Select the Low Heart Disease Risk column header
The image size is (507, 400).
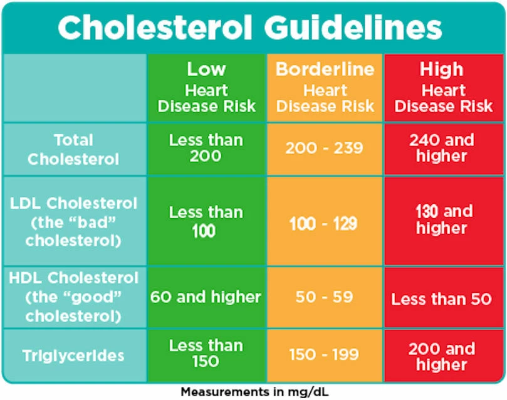(206, 88)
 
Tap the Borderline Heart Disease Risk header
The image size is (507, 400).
(325, 88)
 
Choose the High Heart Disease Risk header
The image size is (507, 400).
(443, 88)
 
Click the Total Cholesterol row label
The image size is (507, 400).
(73, 149)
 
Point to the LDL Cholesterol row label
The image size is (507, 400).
(73, 222)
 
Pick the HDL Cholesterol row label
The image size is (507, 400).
(73, 297)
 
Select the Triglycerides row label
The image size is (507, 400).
(73, 355)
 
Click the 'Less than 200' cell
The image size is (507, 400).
(206, 148)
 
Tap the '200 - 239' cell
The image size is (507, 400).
(325, 149)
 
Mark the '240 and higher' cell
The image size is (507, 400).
(443, 148)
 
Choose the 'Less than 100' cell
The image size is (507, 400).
(206, 221)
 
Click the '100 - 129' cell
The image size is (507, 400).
(325, 223)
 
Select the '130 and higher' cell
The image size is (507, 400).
(443, 220)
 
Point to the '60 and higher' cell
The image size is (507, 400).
(206, 297)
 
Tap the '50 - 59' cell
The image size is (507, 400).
(325, 297)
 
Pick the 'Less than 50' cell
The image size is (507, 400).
(443, 298)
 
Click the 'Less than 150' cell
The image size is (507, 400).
(206, 353)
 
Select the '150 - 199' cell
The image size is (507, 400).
(325, 355)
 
